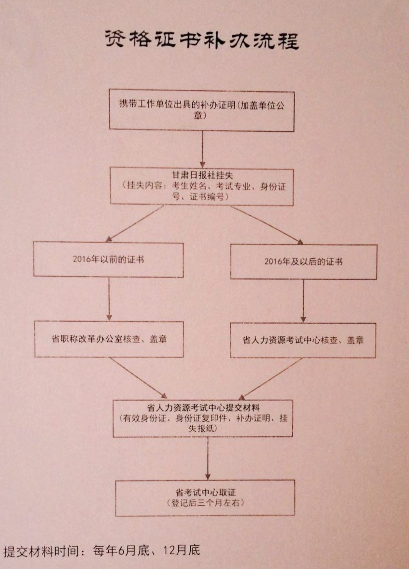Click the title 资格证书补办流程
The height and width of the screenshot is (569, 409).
point(202,40)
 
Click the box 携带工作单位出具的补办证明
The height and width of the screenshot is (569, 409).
point(201,111)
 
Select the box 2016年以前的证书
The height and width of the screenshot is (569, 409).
point(108,260)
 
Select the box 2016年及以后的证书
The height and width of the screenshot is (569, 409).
point(304,262)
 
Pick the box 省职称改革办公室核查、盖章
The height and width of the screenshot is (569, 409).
point(109,339)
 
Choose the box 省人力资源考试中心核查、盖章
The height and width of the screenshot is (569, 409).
point(303,340)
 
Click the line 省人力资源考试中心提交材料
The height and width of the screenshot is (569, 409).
point(203,407)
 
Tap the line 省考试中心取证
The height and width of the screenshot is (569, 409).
point(206,492)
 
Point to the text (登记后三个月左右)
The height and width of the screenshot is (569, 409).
point(206,503)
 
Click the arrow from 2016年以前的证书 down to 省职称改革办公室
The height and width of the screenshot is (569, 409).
point(109,299)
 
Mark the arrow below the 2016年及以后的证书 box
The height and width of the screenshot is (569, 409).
point(303,301)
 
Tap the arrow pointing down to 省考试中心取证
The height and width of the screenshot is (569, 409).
point(208,458)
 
